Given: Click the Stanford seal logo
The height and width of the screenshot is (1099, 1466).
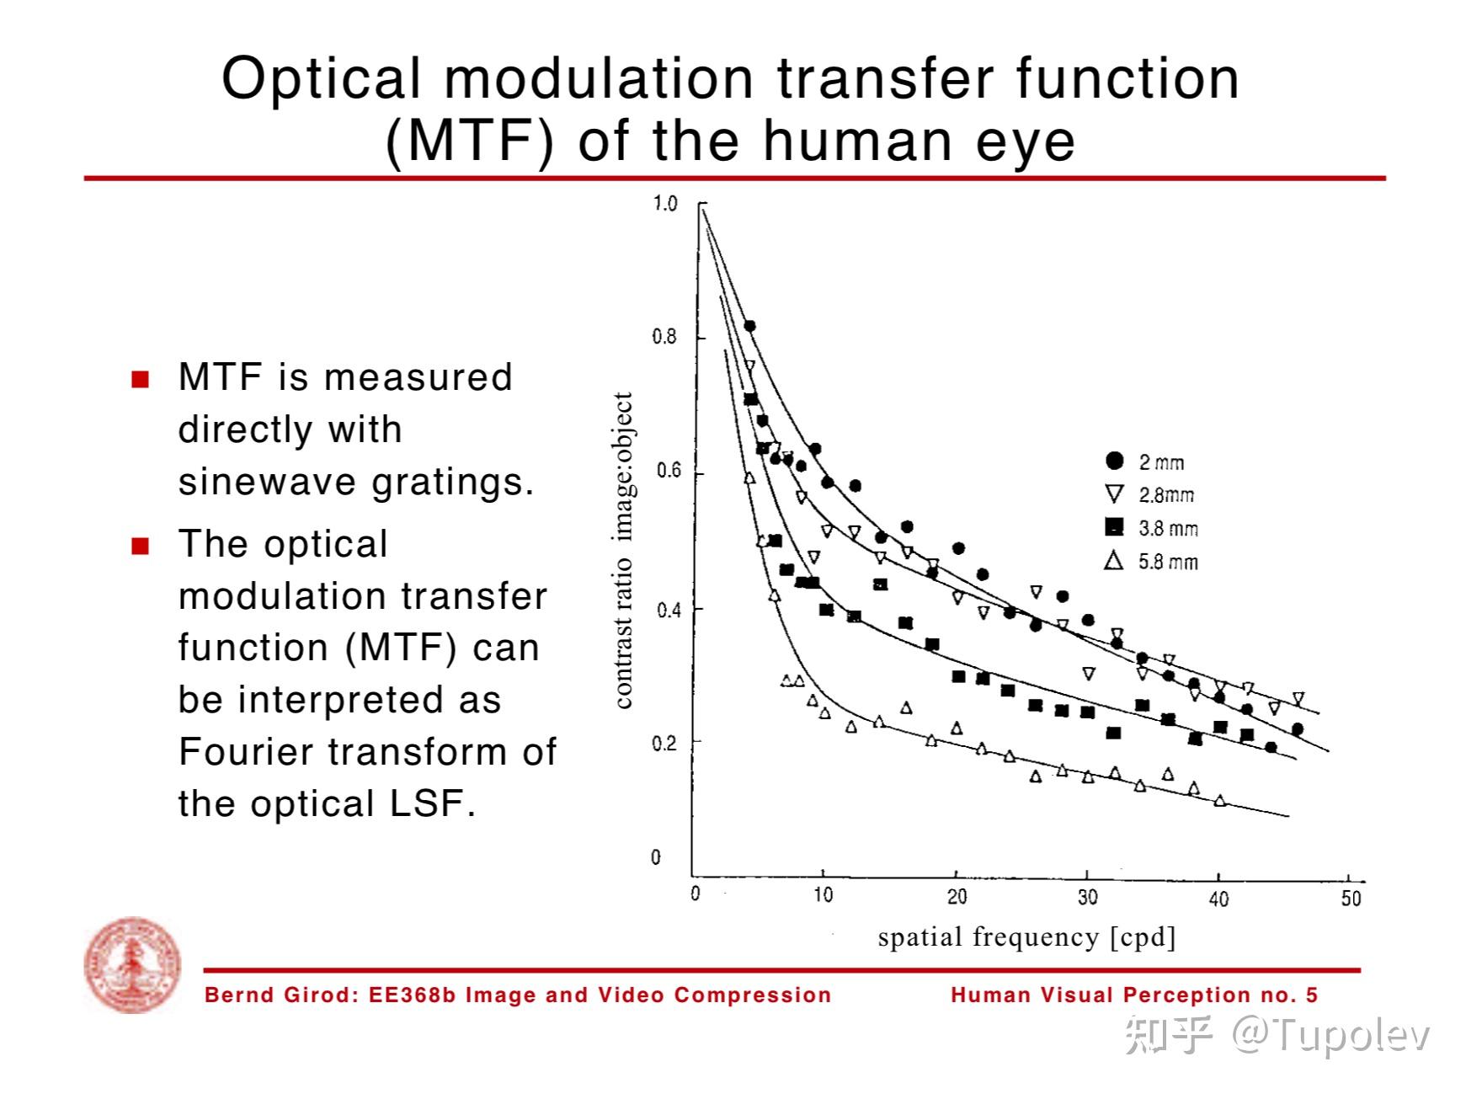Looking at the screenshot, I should coord(132,964).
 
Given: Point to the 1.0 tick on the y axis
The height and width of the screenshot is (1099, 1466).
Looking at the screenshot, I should coord(665,204).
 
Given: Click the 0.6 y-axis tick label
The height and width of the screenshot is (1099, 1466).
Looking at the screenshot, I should coord(665,471).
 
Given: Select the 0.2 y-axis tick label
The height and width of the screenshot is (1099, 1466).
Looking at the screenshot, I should coord(665,744).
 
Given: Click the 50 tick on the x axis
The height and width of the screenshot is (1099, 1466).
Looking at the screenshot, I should coord(1351,898).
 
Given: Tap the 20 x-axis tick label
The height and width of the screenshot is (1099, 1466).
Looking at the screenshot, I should coord(957,897).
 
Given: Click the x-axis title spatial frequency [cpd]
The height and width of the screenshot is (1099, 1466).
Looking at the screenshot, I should coord(1026,937).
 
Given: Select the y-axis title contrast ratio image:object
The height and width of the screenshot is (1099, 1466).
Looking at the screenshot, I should coord(623,550).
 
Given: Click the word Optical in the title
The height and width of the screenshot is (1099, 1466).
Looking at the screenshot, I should coord(320,78).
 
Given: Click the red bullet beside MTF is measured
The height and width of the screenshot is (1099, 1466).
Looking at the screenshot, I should coord(141,379).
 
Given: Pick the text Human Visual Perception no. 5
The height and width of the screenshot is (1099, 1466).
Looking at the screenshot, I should coord(1133,995).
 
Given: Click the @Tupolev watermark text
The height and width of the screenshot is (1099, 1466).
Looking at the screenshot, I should coord(1330,1035).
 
